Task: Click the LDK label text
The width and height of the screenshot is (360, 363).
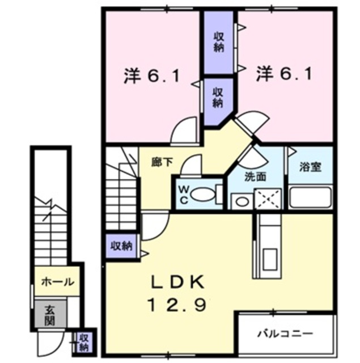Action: pyautogui.click(x=177, y=282)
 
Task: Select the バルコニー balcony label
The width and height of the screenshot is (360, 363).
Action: pyautogui.click(x=285, y=334)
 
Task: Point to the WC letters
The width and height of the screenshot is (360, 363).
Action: pyautogui.click(x=184, y=195)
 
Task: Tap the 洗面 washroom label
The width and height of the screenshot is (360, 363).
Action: pyautogui.click(x=255, y=177)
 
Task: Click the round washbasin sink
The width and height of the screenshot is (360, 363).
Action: pyautogui.click(x=242, y=201)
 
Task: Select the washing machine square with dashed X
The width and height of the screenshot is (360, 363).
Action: pyautogui.click(x=268, y=199)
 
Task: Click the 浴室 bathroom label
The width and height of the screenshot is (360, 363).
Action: pyautogui.click(x=311, y=167)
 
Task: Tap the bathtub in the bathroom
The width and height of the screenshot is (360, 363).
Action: pyautogui.click(x=311, y=197)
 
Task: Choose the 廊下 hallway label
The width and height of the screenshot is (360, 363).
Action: pyautogui.click(x=162, y=162)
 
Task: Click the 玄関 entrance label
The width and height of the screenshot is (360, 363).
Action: pyautogui.click(x=49, y=315)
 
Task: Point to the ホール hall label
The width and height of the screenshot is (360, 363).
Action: pyautogui.click(x=58, y=282)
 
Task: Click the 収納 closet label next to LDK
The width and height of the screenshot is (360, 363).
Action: pyautogui.click(x=121, y=246)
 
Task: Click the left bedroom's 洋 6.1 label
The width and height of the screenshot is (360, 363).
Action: pyautogui.click(x=152, y=75)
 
